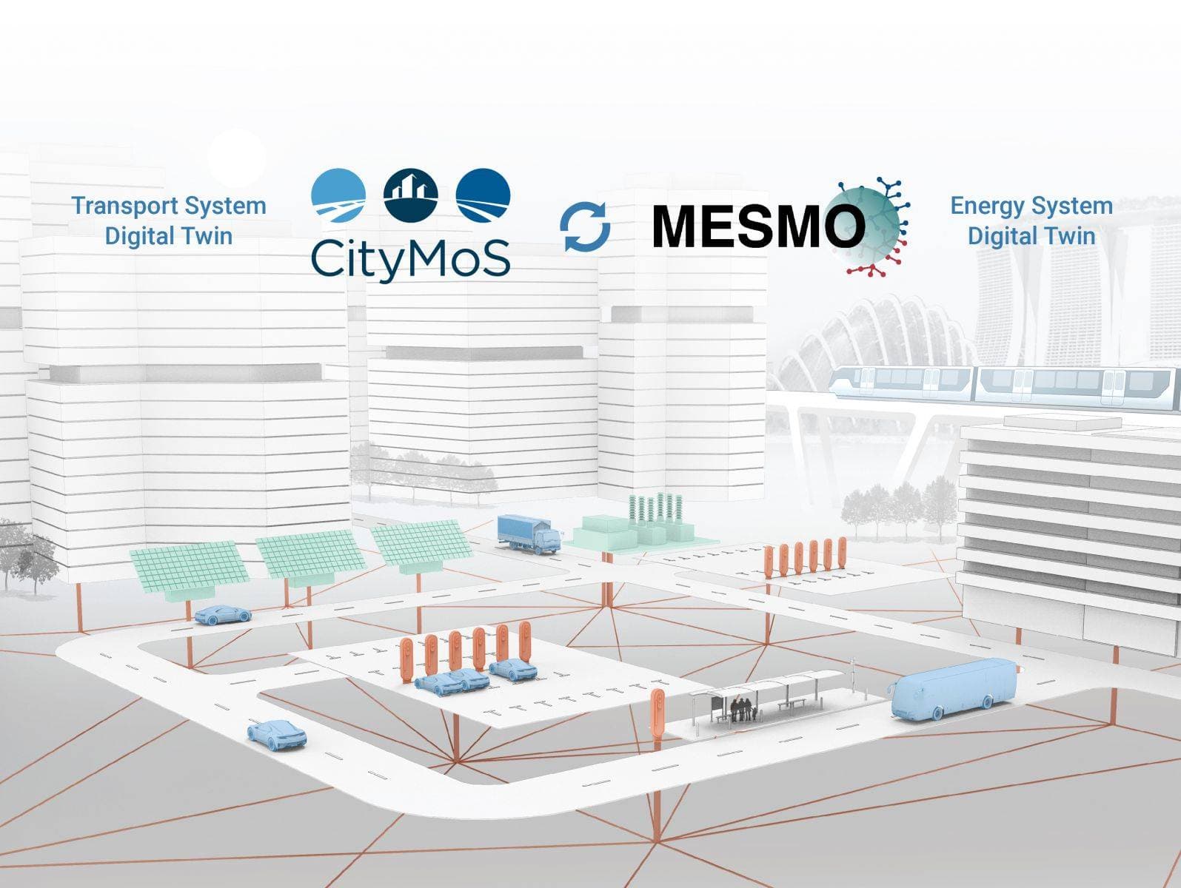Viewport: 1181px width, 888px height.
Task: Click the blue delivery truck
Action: [x=529, y=534]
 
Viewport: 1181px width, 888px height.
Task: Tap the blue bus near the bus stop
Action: [x=954, y=690]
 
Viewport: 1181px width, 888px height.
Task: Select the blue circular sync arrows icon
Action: [x=586, y=226]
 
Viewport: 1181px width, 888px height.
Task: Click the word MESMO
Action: [x=758, y=226]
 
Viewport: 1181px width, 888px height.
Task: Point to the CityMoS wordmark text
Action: [x=410, y=258]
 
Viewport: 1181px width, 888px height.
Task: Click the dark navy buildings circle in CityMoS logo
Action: [x=410, y=195]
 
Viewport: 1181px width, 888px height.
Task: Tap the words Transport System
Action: [x=168, y=206]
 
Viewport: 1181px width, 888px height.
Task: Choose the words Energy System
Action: [x=1031, y=206]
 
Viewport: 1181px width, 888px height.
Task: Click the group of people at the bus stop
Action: [x=743, y=710]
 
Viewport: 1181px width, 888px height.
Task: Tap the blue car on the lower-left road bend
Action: [x=276, y=735]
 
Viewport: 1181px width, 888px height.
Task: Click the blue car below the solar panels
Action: [x=223, y=614]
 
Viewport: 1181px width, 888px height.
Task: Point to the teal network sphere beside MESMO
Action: [x=871, y=226]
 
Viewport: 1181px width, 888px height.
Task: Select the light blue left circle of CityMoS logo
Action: [x=338, y=195]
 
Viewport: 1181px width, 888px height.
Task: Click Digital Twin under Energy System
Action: [x=1031, y=236]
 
